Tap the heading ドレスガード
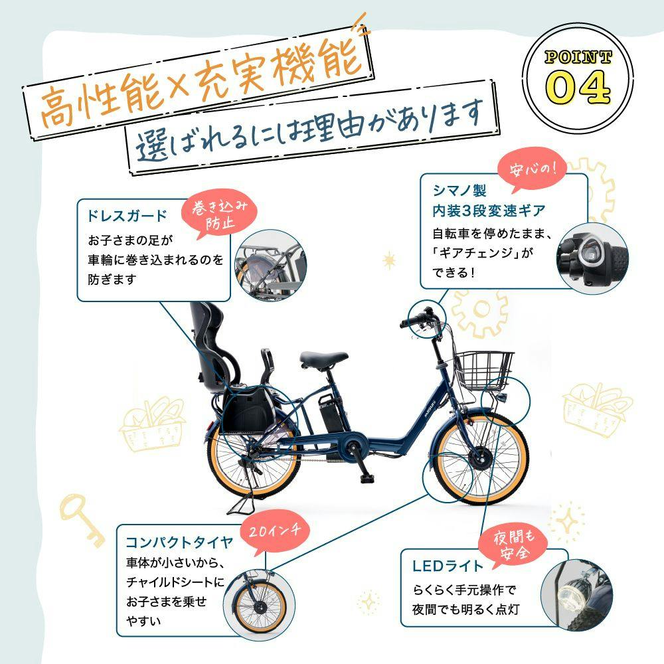[x=127, y=216]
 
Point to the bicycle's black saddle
[x=323, y=358]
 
